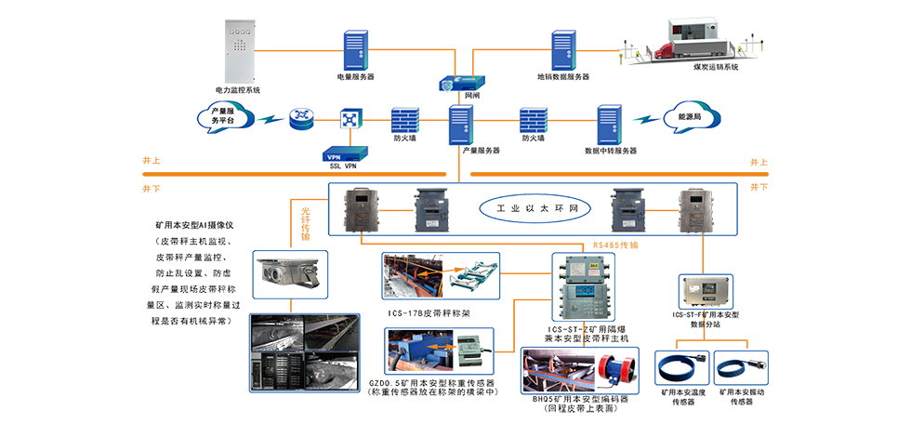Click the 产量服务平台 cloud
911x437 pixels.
click(x=224, y=118)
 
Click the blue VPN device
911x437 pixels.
click(x=343, y=157)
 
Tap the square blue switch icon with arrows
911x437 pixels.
click(x=349, y=119)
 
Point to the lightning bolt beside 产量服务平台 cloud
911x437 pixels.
click(x=269, y=119)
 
